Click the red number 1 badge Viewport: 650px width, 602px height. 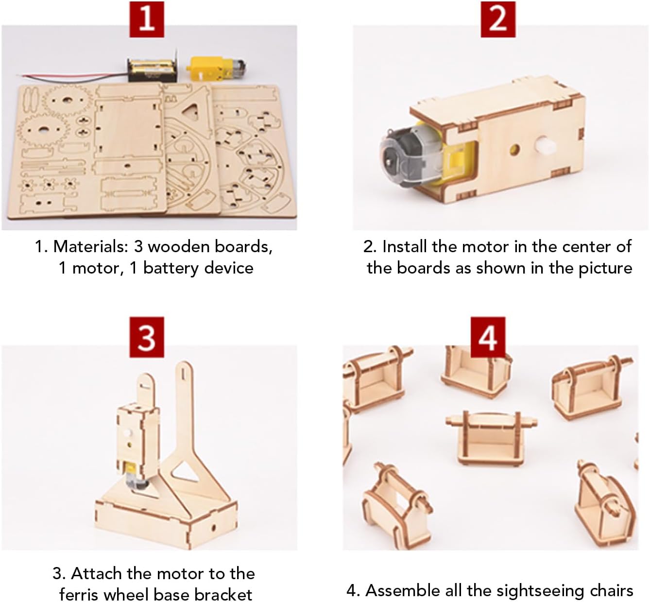click(x=147, y=19)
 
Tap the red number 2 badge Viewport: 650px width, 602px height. click(x=498, y=19)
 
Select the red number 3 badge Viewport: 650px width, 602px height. click(x=147, y=337)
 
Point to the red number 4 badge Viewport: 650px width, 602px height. click(x=488, y=337)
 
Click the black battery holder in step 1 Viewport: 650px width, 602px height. click(x=153, y=69)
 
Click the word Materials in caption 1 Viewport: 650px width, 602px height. click(x=90, y=246)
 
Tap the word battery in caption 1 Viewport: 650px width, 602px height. click(x=170, y=269)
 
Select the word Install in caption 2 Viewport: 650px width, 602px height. click(x=405, y=246)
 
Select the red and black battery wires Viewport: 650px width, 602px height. click(x=74, y=77)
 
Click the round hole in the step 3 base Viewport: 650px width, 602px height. click(x=213, y=528)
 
